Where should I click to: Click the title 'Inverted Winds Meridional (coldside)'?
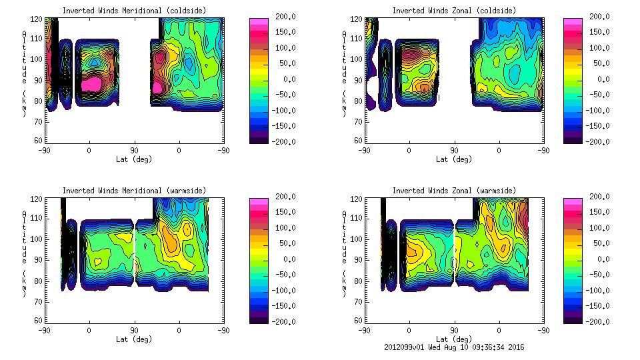(134, 11)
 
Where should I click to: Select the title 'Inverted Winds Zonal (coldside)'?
(454, 11)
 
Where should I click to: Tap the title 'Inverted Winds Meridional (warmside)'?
(134, 191)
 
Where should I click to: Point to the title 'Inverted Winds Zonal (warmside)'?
(454, 191)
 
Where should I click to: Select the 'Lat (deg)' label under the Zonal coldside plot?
(455, 159)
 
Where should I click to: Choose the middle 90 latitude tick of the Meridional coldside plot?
(134, 150)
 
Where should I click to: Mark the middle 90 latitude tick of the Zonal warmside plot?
(454, 330)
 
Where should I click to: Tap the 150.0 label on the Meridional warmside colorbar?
(282, 213)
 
